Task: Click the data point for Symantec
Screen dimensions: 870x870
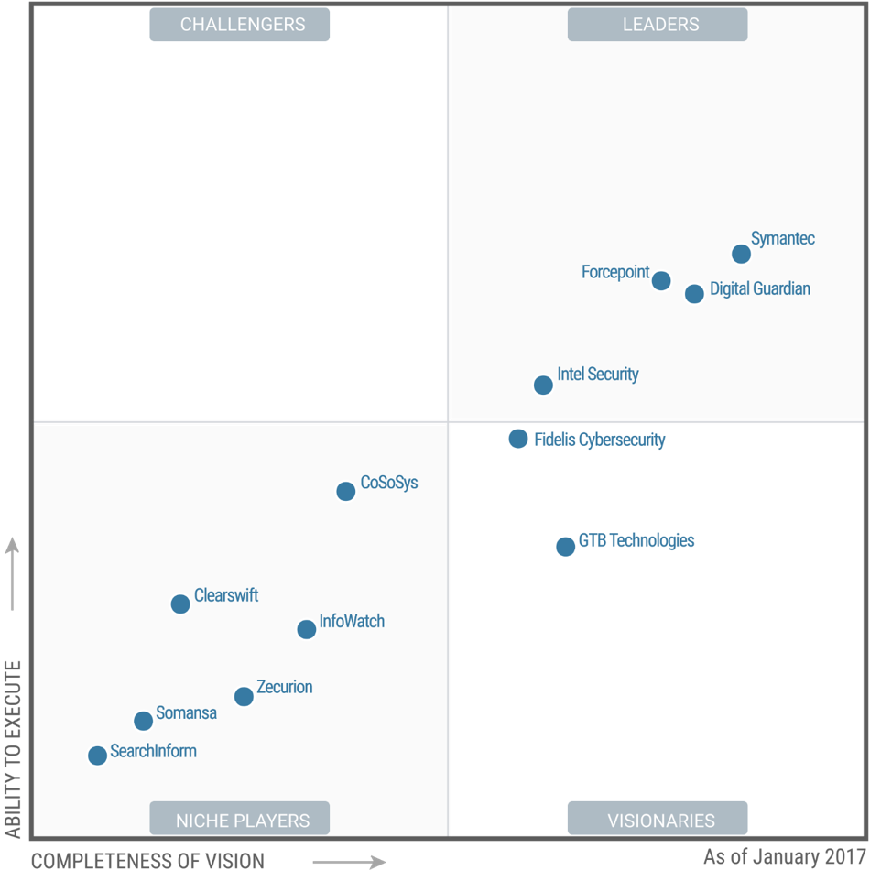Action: coord(741,254)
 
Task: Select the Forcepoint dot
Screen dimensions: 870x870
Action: coord(661,280)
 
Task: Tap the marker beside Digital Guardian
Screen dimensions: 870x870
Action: coord(694,293)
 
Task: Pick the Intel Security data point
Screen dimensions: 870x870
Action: coord(543,385)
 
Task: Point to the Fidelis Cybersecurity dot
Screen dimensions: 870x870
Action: coord(518,439)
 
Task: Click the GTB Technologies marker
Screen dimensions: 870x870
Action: coord(565,546)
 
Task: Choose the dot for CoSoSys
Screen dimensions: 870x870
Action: coord(345,491)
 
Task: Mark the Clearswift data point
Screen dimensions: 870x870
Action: coord(180,604)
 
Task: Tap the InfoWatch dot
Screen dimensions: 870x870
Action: coord(307,629)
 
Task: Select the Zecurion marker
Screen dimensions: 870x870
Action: coord(244,696)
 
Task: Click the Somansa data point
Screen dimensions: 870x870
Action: coord(143,721)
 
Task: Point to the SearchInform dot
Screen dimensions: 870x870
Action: coord(97,756)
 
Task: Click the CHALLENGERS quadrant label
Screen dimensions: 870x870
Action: coord(240,25)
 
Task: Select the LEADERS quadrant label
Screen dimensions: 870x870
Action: coord(658,25)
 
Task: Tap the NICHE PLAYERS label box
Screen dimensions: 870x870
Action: coord(240,819)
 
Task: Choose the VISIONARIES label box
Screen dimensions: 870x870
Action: coord(658,819)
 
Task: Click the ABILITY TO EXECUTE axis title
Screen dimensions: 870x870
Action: coord(13,748)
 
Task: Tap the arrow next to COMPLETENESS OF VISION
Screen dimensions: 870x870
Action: coord(348,861)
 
